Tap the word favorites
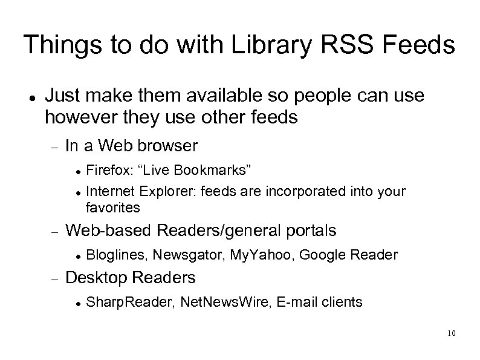113,208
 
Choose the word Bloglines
116,255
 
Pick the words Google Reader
348,255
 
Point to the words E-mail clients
319,301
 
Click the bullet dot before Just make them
30,97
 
